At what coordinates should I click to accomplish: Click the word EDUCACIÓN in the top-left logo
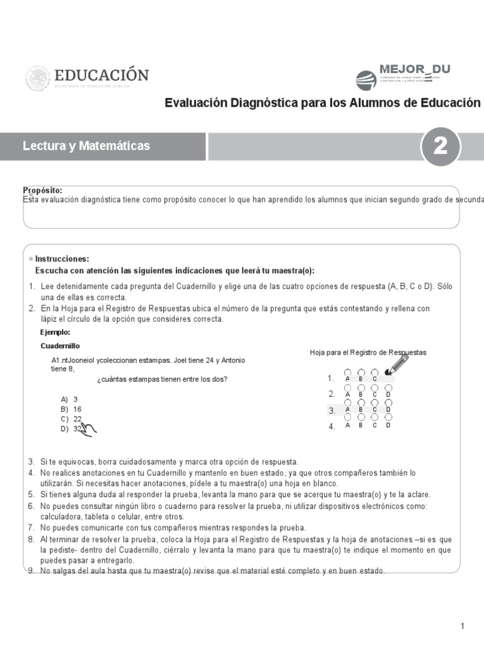click(101, 75)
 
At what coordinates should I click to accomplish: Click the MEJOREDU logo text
click(414, 69)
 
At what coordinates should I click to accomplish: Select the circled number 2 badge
click(440, 146)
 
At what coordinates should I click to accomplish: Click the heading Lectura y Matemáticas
click(86, 146)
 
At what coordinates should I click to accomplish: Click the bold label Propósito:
click(42, 190)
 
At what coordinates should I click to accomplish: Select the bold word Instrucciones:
click(62, 259)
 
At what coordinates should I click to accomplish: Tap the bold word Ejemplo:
click(55, 332)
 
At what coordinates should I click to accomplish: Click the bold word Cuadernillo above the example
click(60, 346)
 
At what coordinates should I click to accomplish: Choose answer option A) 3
click(69, 399)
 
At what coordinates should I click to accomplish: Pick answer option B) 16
click(71, 409)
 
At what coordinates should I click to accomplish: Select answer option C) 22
click(71, 419)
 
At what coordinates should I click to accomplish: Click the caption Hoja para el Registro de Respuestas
click(368, 352)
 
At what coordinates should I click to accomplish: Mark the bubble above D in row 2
click(388, 387)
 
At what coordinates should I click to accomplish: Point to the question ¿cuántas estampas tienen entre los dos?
click(162, 379)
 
